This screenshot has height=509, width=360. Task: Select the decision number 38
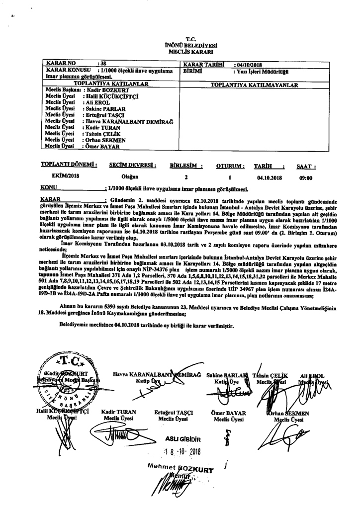[103, 64]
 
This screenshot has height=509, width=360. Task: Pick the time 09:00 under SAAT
[305, 176]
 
